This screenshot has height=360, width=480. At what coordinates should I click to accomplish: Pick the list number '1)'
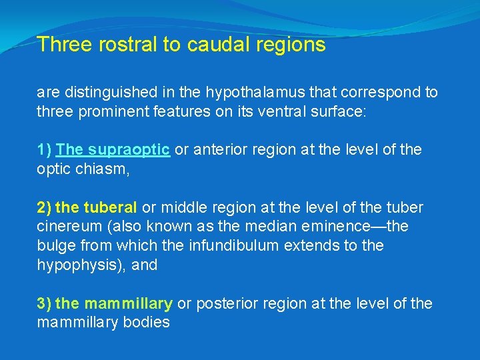point(44,149)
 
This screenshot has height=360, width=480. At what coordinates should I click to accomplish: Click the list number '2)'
point(44,207)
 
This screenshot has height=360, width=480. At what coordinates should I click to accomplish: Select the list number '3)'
point(44,303)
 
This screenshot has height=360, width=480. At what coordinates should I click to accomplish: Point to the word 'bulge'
point(54,245)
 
